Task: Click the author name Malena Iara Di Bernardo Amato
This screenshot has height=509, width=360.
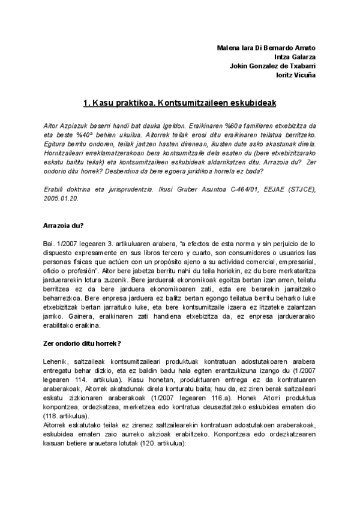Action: coord(266,48)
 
